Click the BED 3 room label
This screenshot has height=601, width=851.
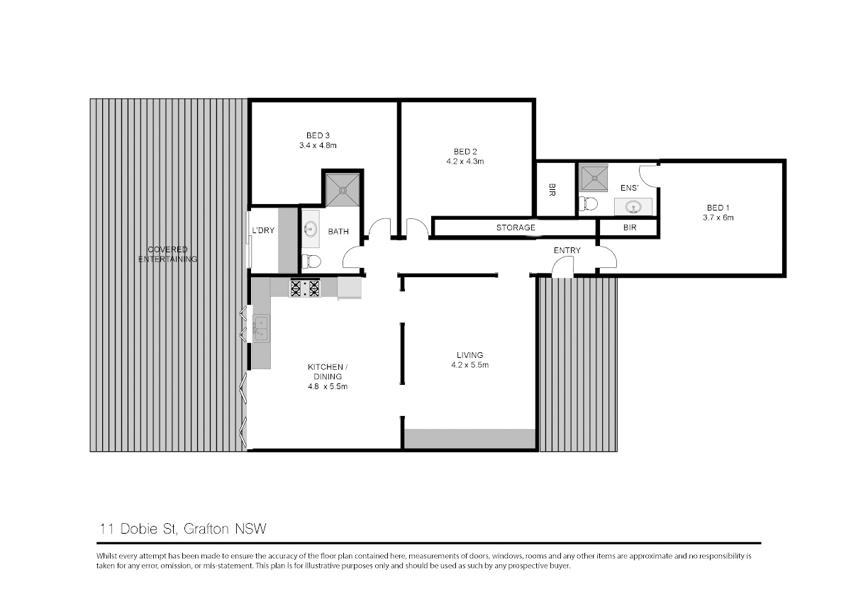click(x=318, y=135)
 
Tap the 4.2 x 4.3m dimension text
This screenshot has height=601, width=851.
click(x=465, y=162)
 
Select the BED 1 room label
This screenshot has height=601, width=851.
click(x=718, y=208)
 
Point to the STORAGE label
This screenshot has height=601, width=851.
click(x=516, y=228)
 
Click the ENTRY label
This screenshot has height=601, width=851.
click(x=567, y=250)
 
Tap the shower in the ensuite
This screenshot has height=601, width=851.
click(x=594, y=178)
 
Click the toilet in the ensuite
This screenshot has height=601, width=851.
click(x=588, y=204)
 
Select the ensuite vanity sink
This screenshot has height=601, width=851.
click(x=633, y=207)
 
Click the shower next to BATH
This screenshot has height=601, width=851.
click(x=343, y=190)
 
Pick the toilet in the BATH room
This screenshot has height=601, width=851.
click(x=311, y=262)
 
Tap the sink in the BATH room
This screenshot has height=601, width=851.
click(x=311, y=229)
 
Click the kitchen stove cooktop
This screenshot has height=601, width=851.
click(x=305, y=288)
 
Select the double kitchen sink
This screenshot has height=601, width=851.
click(x=262, y=328)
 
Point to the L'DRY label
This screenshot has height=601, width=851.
click(x=263, y=230)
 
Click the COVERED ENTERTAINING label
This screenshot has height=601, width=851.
click(x=167, y=254)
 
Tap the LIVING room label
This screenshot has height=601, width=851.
click(x=470, y=355)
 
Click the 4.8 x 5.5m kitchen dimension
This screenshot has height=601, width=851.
click(x=328, y=386)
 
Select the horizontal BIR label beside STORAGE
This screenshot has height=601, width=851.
click(x=630, y=228)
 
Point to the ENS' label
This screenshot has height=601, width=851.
click(x=629, y=188)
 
